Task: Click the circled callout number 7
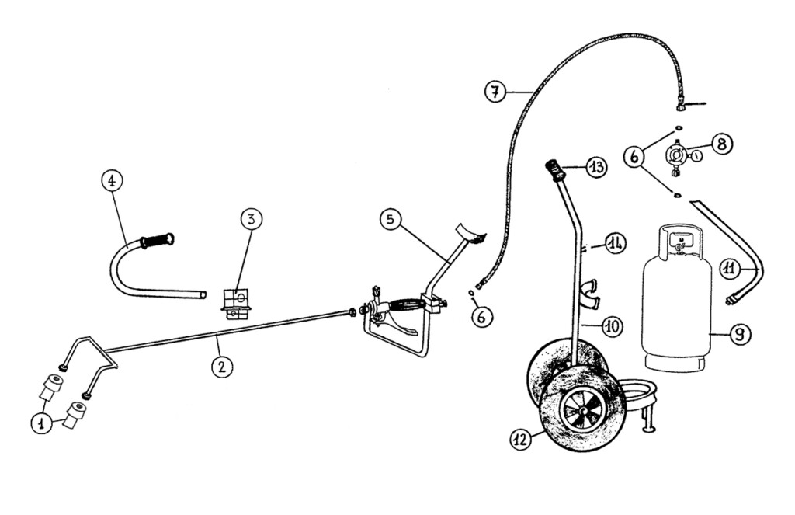[x=495, y=91]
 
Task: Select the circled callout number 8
[x=720, y=144]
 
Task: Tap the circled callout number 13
[x=596, y=167]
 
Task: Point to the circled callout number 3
[x=250, y=218]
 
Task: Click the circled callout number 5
[x=391, y=220]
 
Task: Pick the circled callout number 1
[x=40, y=423]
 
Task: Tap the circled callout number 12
[x=521, y=439]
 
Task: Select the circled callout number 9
[x=739, y=335]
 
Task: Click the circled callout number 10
[x=613, y=327]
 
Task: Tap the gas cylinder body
[x=677, y=311]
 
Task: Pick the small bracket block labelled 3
[x=235, y=301]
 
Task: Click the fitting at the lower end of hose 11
[x=731, y=299]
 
